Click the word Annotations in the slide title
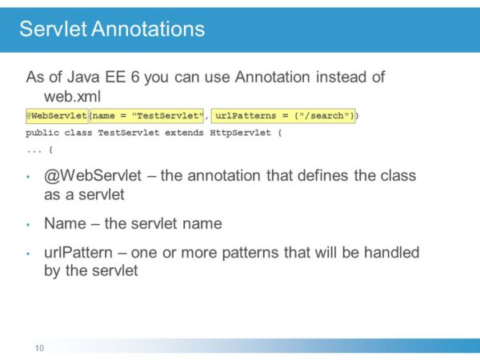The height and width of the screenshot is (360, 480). [x=148, y=30]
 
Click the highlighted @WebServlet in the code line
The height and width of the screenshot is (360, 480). [x=56, y=116]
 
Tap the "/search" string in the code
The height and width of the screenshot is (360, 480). [x=326, y=116]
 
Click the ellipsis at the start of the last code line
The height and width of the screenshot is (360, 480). [x=33, y=150]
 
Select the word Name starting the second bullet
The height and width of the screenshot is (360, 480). [x=65, y=223]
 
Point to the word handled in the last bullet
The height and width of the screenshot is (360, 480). [x=392, y=253]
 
